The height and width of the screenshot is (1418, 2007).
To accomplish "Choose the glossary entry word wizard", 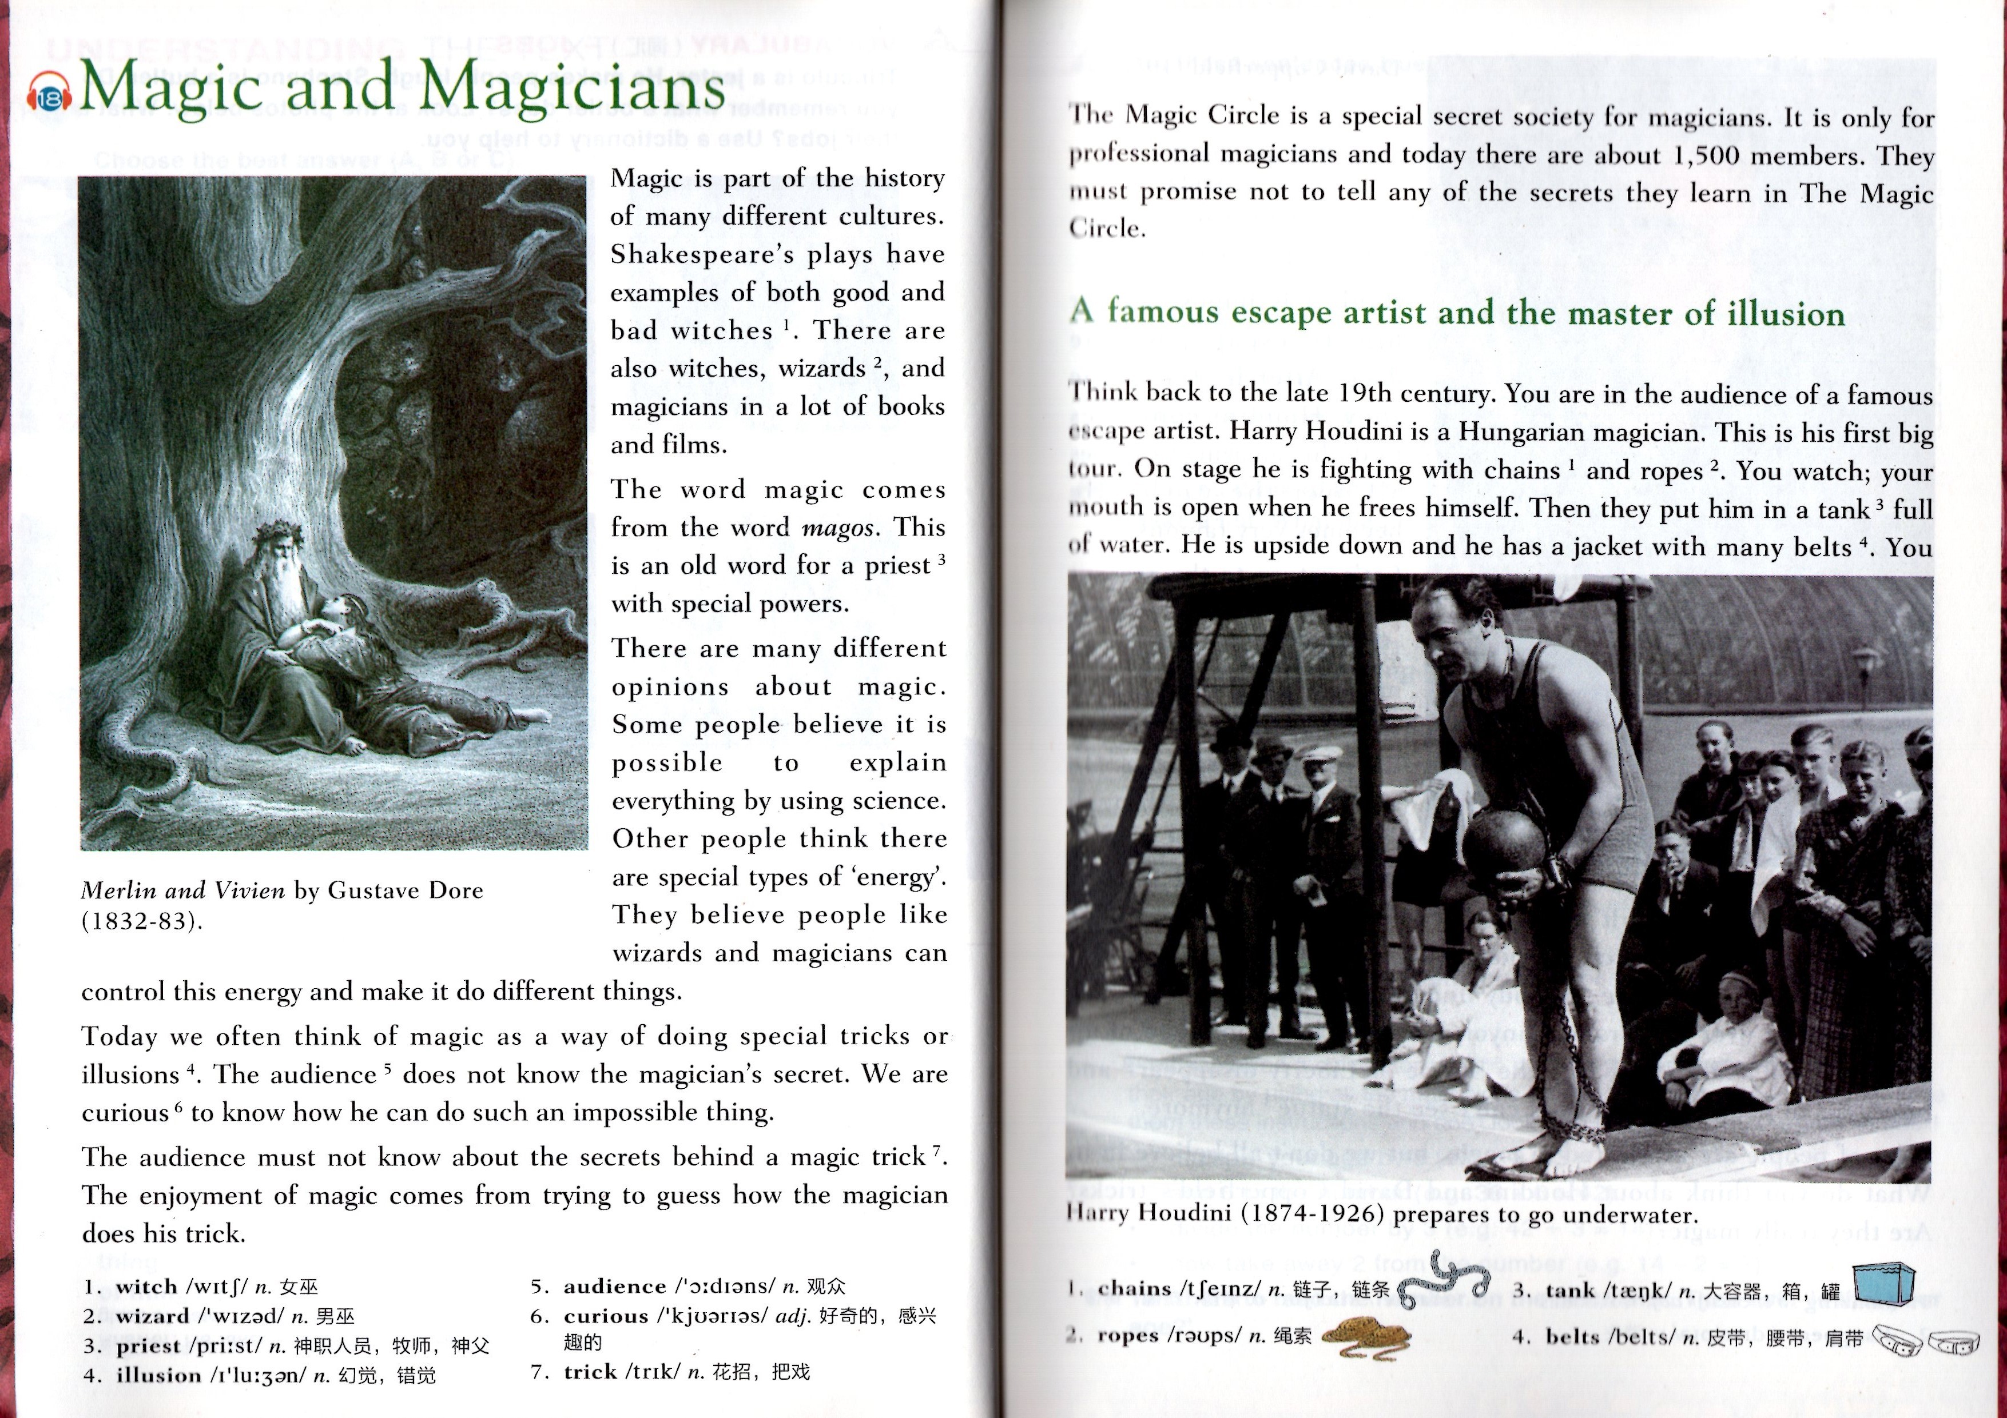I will click(152, 1317).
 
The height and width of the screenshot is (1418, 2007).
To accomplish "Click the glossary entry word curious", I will click(606, 1317).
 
